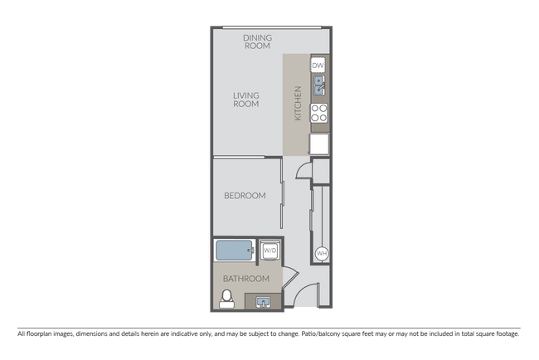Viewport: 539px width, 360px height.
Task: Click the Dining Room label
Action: [x=258, y=41]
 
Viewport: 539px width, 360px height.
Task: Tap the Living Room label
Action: [x=245, y=100]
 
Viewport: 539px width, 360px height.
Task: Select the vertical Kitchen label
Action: [x=298, y=105]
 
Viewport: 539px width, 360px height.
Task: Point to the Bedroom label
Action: [x=245, y=196]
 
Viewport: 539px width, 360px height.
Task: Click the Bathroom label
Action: [x=246, y=279]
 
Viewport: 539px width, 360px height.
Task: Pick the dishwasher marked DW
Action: [x=318, y=66]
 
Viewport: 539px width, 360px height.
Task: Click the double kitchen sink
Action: [x=318, y=85]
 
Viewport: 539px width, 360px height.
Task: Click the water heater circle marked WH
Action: [x=321, y=254]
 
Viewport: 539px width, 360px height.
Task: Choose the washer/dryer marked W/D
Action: [x=270, y=251]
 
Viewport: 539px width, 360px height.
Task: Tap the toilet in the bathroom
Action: [x=226, y=298]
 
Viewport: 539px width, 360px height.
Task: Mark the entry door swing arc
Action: [x=307, y=296]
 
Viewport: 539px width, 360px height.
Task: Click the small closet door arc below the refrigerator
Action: [x=303, y=168]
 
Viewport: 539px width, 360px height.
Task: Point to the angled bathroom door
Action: [x=287, y=282]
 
